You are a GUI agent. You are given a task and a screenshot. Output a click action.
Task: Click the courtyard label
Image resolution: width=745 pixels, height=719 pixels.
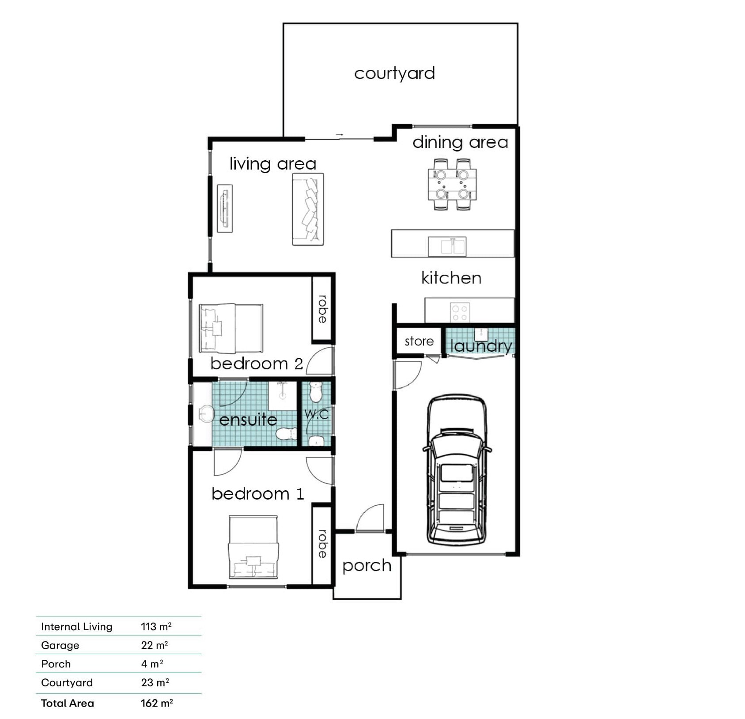pos(394,73)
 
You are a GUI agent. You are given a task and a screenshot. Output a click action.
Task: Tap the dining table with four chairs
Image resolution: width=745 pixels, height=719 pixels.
pos(452,184)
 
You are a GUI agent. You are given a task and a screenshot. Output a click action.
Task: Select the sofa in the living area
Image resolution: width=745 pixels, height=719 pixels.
pos(308,209)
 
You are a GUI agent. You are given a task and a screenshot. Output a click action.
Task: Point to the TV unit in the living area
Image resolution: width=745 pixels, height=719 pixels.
pos(225,208)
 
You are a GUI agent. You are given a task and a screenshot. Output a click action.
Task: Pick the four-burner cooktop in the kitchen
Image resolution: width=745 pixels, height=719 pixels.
pos(460,312)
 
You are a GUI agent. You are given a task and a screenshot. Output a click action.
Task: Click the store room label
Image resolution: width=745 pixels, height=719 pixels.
pos(419,341)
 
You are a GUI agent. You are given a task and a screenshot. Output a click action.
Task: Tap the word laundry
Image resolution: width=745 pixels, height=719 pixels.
pos(481,346)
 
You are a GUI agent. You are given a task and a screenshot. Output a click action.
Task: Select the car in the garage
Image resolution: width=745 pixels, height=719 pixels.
pos(457,469)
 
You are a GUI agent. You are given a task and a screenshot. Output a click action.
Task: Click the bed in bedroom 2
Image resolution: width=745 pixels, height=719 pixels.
pos(231,328)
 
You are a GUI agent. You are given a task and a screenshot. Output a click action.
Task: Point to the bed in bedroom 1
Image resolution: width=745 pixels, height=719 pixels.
pos(253,547)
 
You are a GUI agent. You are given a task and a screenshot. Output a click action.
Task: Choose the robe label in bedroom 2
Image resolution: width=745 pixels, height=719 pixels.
pos(323,309)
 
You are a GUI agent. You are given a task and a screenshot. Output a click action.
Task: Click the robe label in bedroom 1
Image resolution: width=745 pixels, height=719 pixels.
pos(323,544)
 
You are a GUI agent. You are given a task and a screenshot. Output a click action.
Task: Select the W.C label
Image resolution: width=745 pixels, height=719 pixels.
pos(317,414)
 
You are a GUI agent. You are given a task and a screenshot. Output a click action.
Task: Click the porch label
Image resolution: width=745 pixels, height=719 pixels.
pos(367,566)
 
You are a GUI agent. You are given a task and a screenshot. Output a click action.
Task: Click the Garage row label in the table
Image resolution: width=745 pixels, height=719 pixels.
pos(60,645)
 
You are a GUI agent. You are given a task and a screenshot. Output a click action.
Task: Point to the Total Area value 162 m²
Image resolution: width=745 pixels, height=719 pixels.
pos(157,703)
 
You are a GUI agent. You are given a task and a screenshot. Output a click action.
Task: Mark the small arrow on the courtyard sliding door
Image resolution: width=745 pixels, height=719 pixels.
pos(339,134)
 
